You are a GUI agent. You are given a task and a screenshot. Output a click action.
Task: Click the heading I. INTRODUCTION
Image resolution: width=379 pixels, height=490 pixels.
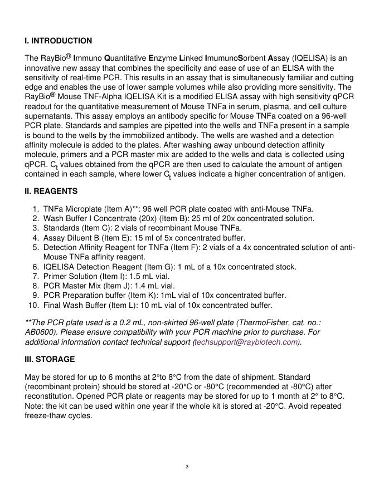[59, 41]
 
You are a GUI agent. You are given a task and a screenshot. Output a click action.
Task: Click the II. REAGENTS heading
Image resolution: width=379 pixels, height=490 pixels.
[51, 191]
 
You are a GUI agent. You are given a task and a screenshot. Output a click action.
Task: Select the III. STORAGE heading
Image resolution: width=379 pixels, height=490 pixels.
[50, 359]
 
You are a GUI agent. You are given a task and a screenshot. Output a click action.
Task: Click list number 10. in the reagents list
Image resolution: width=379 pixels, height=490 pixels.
[33, 305]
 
